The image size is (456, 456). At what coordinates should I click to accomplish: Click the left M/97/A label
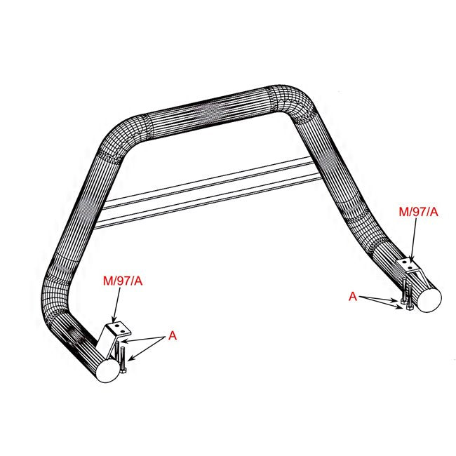[123, 281]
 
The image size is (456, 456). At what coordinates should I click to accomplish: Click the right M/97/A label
[418, 211]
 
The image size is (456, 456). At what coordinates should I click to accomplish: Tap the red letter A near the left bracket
[173, 337]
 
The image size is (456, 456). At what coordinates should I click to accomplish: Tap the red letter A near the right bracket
[354, 297]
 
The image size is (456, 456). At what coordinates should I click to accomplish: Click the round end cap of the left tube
[108, 370]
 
